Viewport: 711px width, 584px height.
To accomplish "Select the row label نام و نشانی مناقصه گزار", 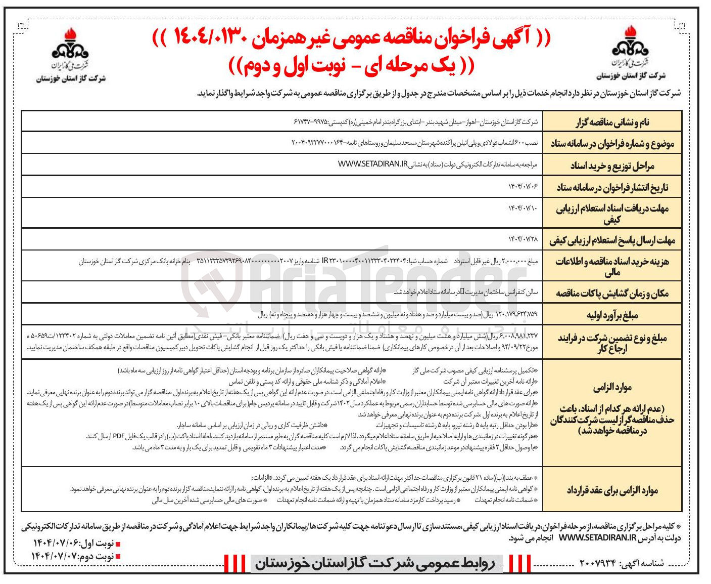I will click(612, 122).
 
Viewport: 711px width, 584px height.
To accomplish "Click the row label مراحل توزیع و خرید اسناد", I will click(612, 165).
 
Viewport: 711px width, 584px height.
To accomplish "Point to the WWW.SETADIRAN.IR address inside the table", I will click(372, 164).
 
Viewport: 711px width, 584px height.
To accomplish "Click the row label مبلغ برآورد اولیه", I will click(612, 315).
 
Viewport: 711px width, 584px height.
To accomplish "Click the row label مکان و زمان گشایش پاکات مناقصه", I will click(612, 293).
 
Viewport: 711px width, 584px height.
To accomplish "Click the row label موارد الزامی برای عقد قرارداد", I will click(612, 490).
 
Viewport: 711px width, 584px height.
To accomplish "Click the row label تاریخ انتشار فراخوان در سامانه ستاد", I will click(612, 188).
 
